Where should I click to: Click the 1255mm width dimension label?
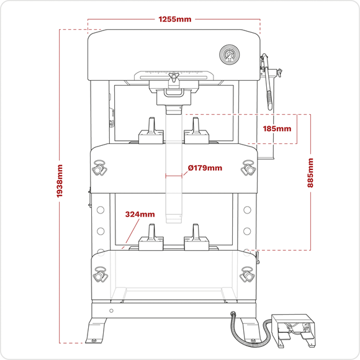[x=175, y=19]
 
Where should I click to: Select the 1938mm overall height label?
[x=60, y=186]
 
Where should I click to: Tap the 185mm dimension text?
[x=277, y=129]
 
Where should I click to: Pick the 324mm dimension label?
[x=140, y=214]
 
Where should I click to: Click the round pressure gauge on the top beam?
[x=228, y=55]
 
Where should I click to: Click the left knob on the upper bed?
[x=99, y=168]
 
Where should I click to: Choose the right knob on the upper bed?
[x=249, y=168]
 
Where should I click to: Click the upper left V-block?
[x=150, y=132]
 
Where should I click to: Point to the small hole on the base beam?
[x=111, y=310]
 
